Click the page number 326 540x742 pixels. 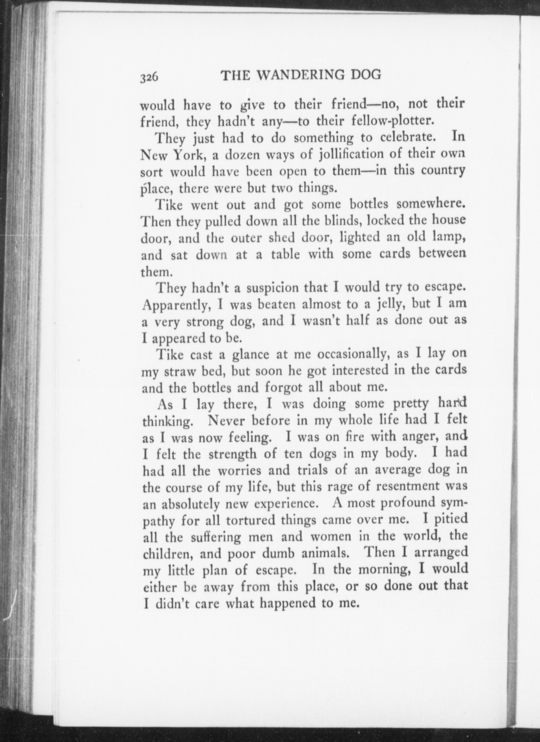tap(149, 77)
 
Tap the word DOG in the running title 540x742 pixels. tap(366, 75)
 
